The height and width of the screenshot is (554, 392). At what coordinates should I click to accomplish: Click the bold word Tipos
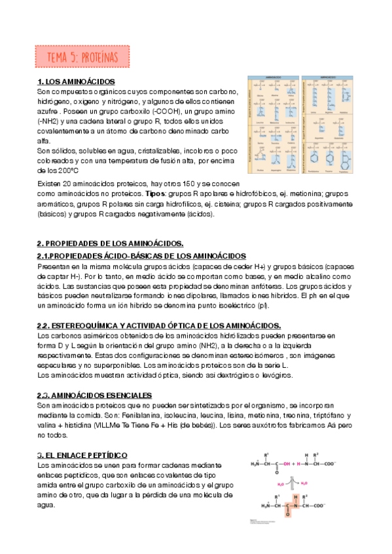[156, 194]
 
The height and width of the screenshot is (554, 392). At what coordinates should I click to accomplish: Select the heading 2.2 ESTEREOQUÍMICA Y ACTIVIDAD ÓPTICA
[159, 325]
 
